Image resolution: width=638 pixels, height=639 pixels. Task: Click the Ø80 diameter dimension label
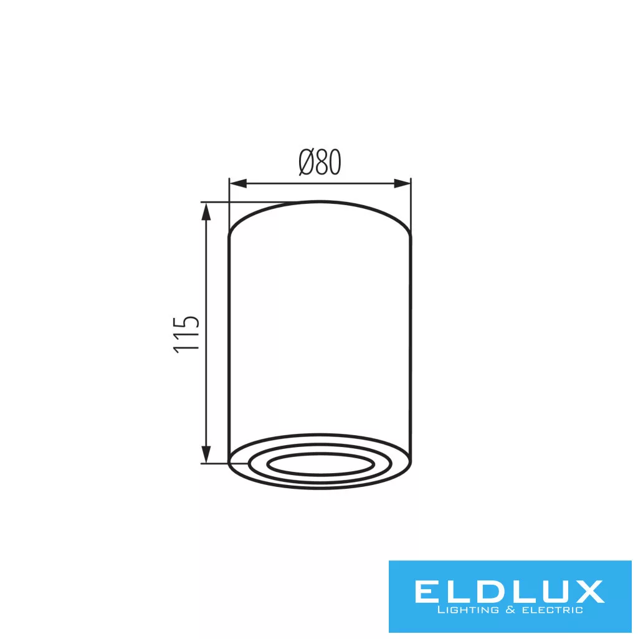[x=320, y=162]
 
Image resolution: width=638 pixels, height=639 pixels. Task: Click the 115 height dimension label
[x=186, y=334]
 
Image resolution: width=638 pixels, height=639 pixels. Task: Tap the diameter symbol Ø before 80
[x=307, y=162]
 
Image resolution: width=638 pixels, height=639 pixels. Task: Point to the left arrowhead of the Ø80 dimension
[x=239, y=184]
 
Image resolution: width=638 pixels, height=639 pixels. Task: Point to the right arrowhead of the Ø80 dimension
[x=402, y=184]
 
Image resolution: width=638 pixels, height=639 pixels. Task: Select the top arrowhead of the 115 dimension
[x=207, y=212]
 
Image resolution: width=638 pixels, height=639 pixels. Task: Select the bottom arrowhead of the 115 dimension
[x=207, y=454]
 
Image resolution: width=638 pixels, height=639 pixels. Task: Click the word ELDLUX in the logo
[x=509, y=592]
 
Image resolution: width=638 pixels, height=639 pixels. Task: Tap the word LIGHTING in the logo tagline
[x=468, y=610]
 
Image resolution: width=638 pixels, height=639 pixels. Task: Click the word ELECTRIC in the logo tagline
[x=549, y=610]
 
